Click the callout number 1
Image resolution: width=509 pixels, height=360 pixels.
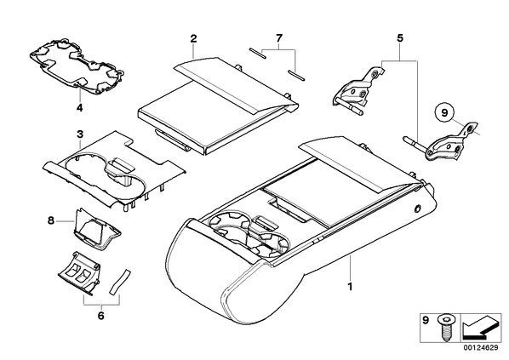tap(350, 287)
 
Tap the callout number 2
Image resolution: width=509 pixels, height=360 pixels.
tap(193, 38)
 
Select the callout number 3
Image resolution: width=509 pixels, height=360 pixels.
tap(80, 134)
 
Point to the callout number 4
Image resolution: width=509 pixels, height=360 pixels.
tap(79, 107)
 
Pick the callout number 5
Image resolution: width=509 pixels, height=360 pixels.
tap(400, 38)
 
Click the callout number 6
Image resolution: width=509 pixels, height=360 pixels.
tap(101, 315)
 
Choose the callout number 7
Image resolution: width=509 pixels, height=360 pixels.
tap(279, 38)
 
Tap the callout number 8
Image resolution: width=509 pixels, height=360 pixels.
tap(50, 220)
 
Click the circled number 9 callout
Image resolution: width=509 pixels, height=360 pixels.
tap(444, 112)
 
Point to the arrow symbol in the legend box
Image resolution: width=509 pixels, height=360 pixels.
tap(480, 328)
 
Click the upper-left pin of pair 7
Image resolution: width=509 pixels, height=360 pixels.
tap(258, 54)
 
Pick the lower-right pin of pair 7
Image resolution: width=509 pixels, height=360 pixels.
tap(296, 74)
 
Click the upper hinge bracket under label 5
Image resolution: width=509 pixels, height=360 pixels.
tap(357, 90)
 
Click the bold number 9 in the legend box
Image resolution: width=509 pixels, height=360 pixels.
tap(426, 321)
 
